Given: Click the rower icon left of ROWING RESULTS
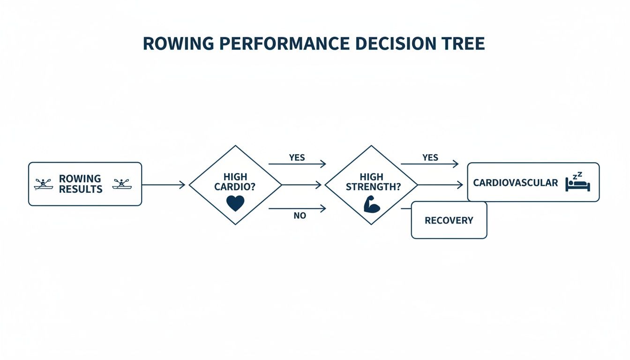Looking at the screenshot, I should pos(44,184).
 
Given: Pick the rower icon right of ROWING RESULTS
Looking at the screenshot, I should pos(122,184).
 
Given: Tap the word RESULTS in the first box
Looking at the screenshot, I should pos(81,189).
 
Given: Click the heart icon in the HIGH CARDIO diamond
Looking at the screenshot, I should pos(235,203).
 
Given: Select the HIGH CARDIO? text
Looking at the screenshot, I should pos(235,182).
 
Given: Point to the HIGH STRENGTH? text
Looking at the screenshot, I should pos(373,182).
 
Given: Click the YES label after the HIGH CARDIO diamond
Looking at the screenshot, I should pos(297,157).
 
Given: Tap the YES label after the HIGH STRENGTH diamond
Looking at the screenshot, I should pos(430,157).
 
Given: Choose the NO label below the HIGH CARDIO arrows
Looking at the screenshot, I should pos(300,216).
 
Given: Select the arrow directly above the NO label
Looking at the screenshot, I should pos(297,208).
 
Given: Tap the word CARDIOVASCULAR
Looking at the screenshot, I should pos(516,183).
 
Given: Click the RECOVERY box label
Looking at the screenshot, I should pos(449,220).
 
